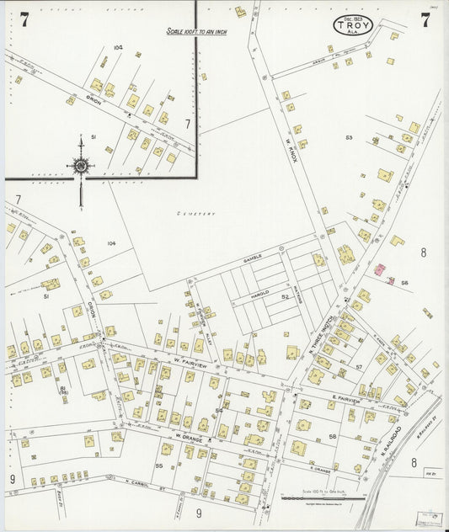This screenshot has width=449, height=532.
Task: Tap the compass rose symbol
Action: pos(81,166)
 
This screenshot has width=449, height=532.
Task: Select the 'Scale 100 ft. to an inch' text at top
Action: pos(196,32)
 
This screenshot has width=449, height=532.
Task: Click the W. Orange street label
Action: pos(190,437)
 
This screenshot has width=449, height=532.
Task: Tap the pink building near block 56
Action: pos(380,270)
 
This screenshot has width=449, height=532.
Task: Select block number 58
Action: pos(333,436)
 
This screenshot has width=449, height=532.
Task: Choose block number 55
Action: pos(158,465)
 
